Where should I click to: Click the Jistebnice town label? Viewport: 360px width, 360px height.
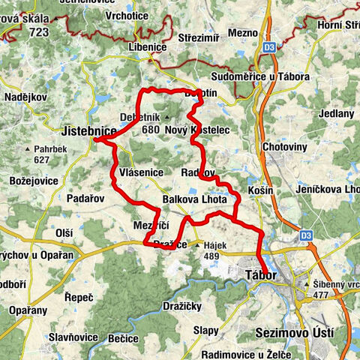tap(90, 131)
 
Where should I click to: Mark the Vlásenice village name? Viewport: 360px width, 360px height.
tap(140, 173)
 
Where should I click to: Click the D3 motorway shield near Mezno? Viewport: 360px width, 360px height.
tap(271, 47)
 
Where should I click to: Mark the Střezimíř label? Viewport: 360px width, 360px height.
tap(201, 37)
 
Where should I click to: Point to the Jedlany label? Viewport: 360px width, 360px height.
tap(336, 113)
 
